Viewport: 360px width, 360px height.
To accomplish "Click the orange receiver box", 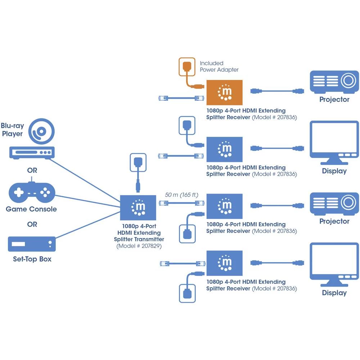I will [x=224, y=93].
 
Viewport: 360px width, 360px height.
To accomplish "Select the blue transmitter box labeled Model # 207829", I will [x=138, y=207].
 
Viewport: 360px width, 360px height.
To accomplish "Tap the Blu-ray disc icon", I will [x=42, y=132].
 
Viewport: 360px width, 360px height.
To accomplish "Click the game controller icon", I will [x=32, y=193].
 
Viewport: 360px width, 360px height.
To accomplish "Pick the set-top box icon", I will [x=32, y=244].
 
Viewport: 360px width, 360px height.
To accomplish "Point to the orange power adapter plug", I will [x=187, y=67].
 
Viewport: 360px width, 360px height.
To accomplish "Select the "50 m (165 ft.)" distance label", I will [x=182, y=195].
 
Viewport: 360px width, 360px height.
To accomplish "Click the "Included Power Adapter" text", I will [x=219, y=66].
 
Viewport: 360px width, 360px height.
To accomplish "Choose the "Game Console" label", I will [x=31, y=209].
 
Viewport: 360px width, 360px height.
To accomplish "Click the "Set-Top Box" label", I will [x=32, y=259].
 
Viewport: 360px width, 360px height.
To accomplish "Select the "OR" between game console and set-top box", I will [x=32, y=224].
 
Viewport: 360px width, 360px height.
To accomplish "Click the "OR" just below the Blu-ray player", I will [x=32, y=170].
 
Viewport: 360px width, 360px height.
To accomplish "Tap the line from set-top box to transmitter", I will [x=88, y=225].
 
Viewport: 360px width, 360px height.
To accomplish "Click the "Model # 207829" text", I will [x=139, y=246].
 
